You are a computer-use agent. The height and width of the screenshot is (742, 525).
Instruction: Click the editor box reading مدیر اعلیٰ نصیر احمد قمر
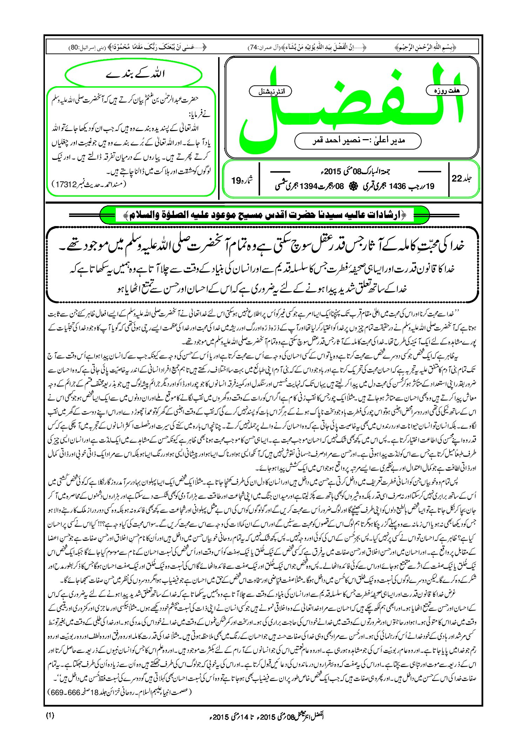point(358,141)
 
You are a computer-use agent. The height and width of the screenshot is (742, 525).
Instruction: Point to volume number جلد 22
point(462,178)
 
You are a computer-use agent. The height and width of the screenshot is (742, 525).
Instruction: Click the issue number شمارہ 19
point(242,181)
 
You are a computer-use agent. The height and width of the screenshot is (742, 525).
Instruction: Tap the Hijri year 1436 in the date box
point(397,187)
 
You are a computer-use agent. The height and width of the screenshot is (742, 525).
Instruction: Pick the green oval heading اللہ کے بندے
point(134,74)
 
